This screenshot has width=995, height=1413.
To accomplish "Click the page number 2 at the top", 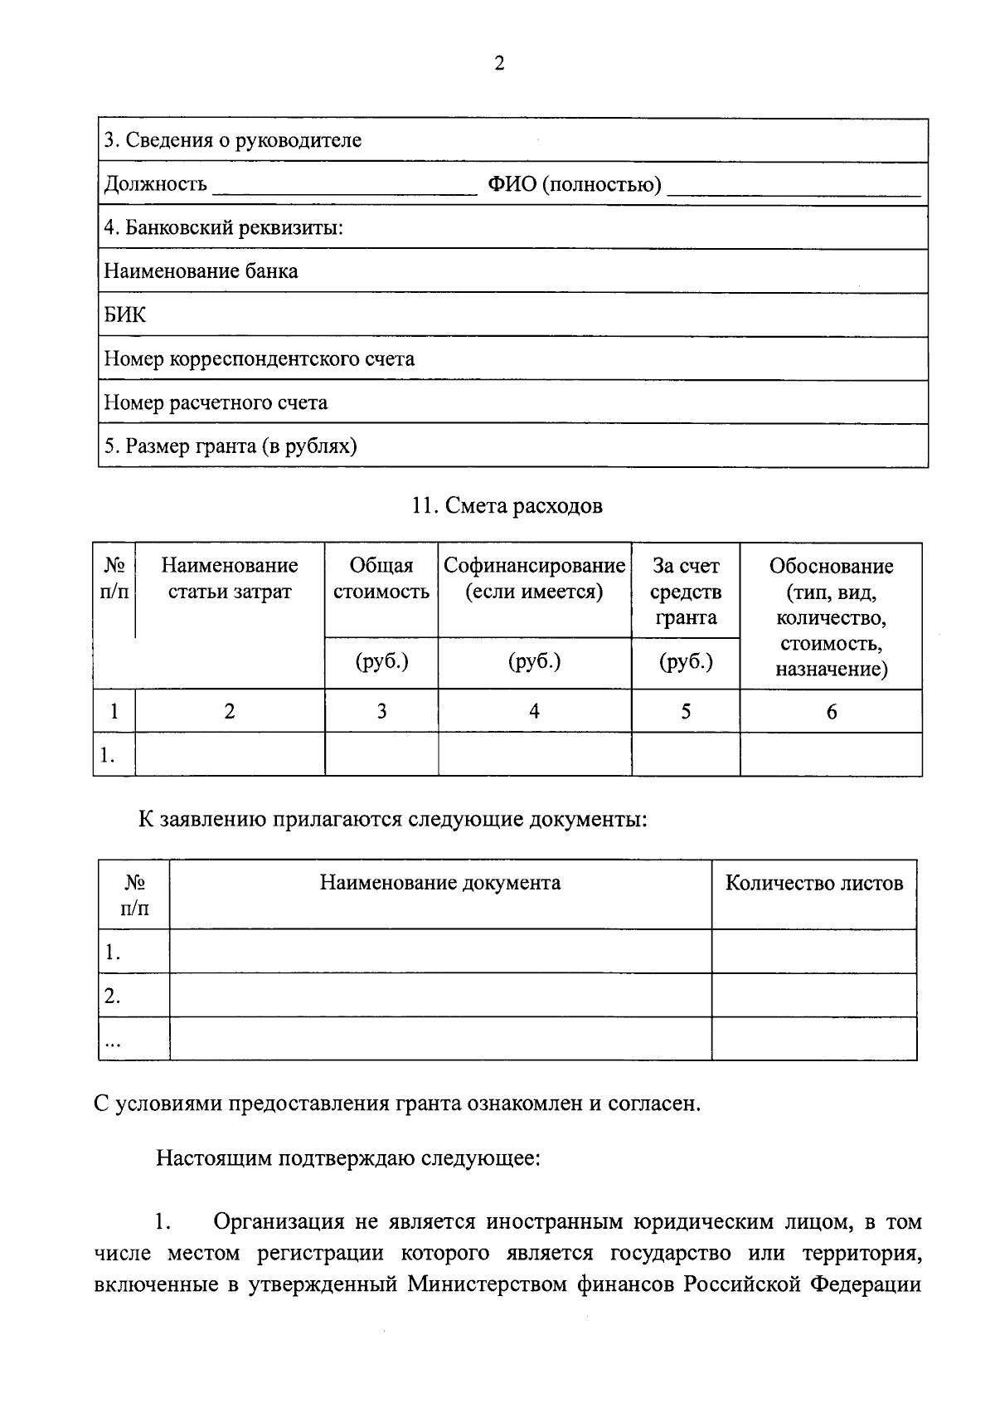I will [498, 64].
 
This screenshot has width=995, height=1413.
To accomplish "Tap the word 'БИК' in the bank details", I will [124, 315].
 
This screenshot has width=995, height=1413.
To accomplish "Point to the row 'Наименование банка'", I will [201, 271].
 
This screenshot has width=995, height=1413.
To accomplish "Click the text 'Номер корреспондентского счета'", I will [259, 359].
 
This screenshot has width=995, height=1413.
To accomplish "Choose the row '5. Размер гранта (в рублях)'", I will [231, 446].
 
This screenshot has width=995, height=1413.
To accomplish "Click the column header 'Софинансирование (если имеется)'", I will [534, 578].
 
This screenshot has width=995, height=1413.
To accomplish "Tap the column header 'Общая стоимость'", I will [381, 578].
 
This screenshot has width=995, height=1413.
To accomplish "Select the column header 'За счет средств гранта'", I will [686, 591].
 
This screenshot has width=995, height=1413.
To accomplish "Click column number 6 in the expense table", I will [831, 712].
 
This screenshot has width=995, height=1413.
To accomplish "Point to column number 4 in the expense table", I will [534, 711].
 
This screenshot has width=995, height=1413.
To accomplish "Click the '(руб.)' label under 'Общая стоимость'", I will [381, 662].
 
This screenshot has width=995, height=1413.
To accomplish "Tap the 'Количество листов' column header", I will [813, 883].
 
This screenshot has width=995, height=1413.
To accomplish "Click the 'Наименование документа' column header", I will [440, 882].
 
